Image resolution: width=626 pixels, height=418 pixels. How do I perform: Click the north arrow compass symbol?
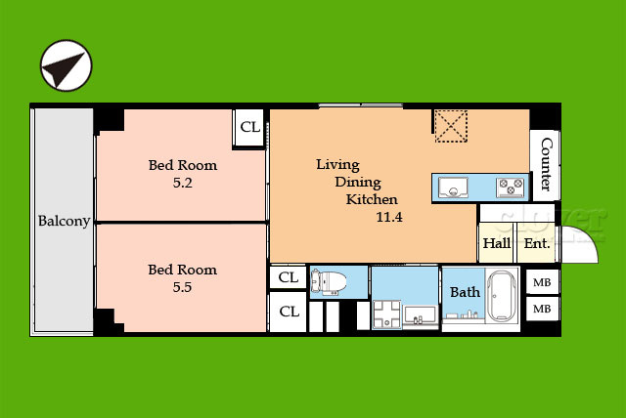[x=66, y=65]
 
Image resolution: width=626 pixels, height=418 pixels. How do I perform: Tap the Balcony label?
[x=64, y=221]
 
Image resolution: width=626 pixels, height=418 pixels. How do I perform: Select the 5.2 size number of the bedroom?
[x=183, y=183]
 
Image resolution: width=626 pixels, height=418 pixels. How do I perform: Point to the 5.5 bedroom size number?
[x=182, y=287]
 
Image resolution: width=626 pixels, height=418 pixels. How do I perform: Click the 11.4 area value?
[x=389, y=217]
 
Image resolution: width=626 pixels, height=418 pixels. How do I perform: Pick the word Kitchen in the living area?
[x=372, y=199]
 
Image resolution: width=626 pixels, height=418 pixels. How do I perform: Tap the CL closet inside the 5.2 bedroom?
[x=250, y=127]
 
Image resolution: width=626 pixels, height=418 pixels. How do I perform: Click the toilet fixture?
[x=329, y=282]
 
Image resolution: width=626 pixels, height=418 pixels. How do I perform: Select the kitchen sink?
[x=453, y=188]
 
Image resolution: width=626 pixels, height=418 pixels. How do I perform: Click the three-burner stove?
[x=511, y=188]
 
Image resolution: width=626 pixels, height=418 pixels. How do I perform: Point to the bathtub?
[x=502, y=296]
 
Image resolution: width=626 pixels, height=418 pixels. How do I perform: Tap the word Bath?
[x=465, y=292]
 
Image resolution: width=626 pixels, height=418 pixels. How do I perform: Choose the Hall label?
[x=497, y=243]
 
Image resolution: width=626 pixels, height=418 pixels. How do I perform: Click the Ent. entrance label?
[x=537, y=243]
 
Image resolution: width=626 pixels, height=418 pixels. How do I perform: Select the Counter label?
[x=546, y=164]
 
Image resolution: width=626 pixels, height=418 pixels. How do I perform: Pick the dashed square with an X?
[x=451, y=126]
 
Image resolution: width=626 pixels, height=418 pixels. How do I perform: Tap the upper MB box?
[x=542, y=282]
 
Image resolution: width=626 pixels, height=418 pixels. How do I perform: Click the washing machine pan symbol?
[x=386, y=314]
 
